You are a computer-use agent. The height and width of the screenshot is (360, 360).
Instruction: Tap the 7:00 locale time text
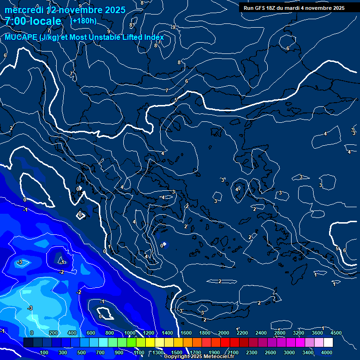pos(33,21)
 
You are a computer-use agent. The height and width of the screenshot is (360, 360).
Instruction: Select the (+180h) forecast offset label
pos(83,21)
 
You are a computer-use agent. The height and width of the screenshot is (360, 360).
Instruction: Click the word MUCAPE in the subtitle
pos(22,37)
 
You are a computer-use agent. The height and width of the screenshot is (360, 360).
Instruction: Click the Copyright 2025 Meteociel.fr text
pos(199,357)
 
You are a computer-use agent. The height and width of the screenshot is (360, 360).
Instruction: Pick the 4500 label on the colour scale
pos(336,333)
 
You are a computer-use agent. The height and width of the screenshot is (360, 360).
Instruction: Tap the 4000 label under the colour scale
pos(327,352)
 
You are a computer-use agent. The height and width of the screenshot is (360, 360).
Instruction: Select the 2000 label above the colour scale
pos(224,333)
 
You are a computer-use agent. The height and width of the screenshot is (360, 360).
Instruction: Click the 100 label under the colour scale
pos(45,352)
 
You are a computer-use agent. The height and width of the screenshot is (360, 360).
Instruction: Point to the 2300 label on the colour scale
pos(252,352)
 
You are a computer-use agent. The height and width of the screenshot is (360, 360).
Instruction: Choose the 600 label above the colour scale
pos(91,333)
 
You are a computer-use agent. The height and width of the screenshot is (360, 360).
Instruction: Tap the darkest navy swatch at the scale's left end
pos(28,343)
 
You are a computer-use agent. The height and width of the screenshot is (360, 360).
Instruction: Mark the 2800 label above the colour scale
pos(280,333)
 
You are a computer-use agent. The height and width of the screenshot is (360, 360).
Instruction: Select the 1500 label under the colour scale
pos(177,352)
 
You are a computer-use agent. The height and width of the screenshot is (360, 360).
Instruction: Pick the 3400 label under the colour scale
pos(308,352)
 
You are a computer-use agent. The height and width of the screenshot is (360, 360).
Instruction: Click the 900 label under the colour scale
pos(120,352)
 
